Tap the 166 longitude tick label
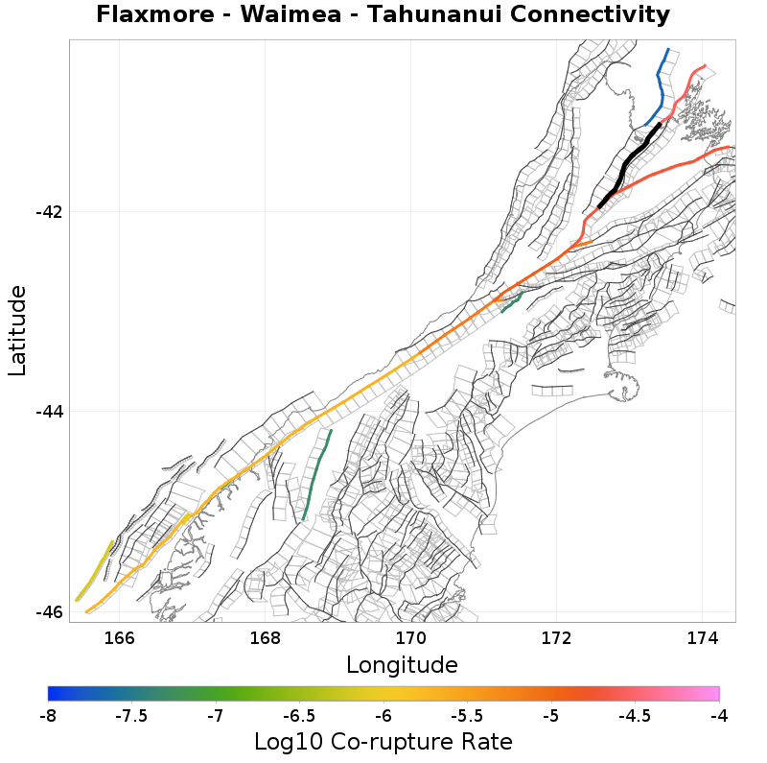pyautogui.click(x=119, y=637)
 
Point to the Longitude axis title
pyautogui.click(x=402, y=664)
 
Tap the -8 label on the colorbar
pyautogui.click(x=48, y=716)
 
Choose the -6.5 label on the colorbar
pyautogui.click(x=298, y=716)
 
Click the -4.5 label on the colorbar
pyautogui.click(x=635, y=716)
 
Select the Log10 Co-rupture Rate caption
pyautogui.click(x=383, y=742)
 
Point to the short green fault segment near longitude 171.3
pyautogui.click(x=511, y=302)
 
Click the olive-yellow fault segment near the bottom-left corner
pyautogui.click(x=96, y=571)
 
